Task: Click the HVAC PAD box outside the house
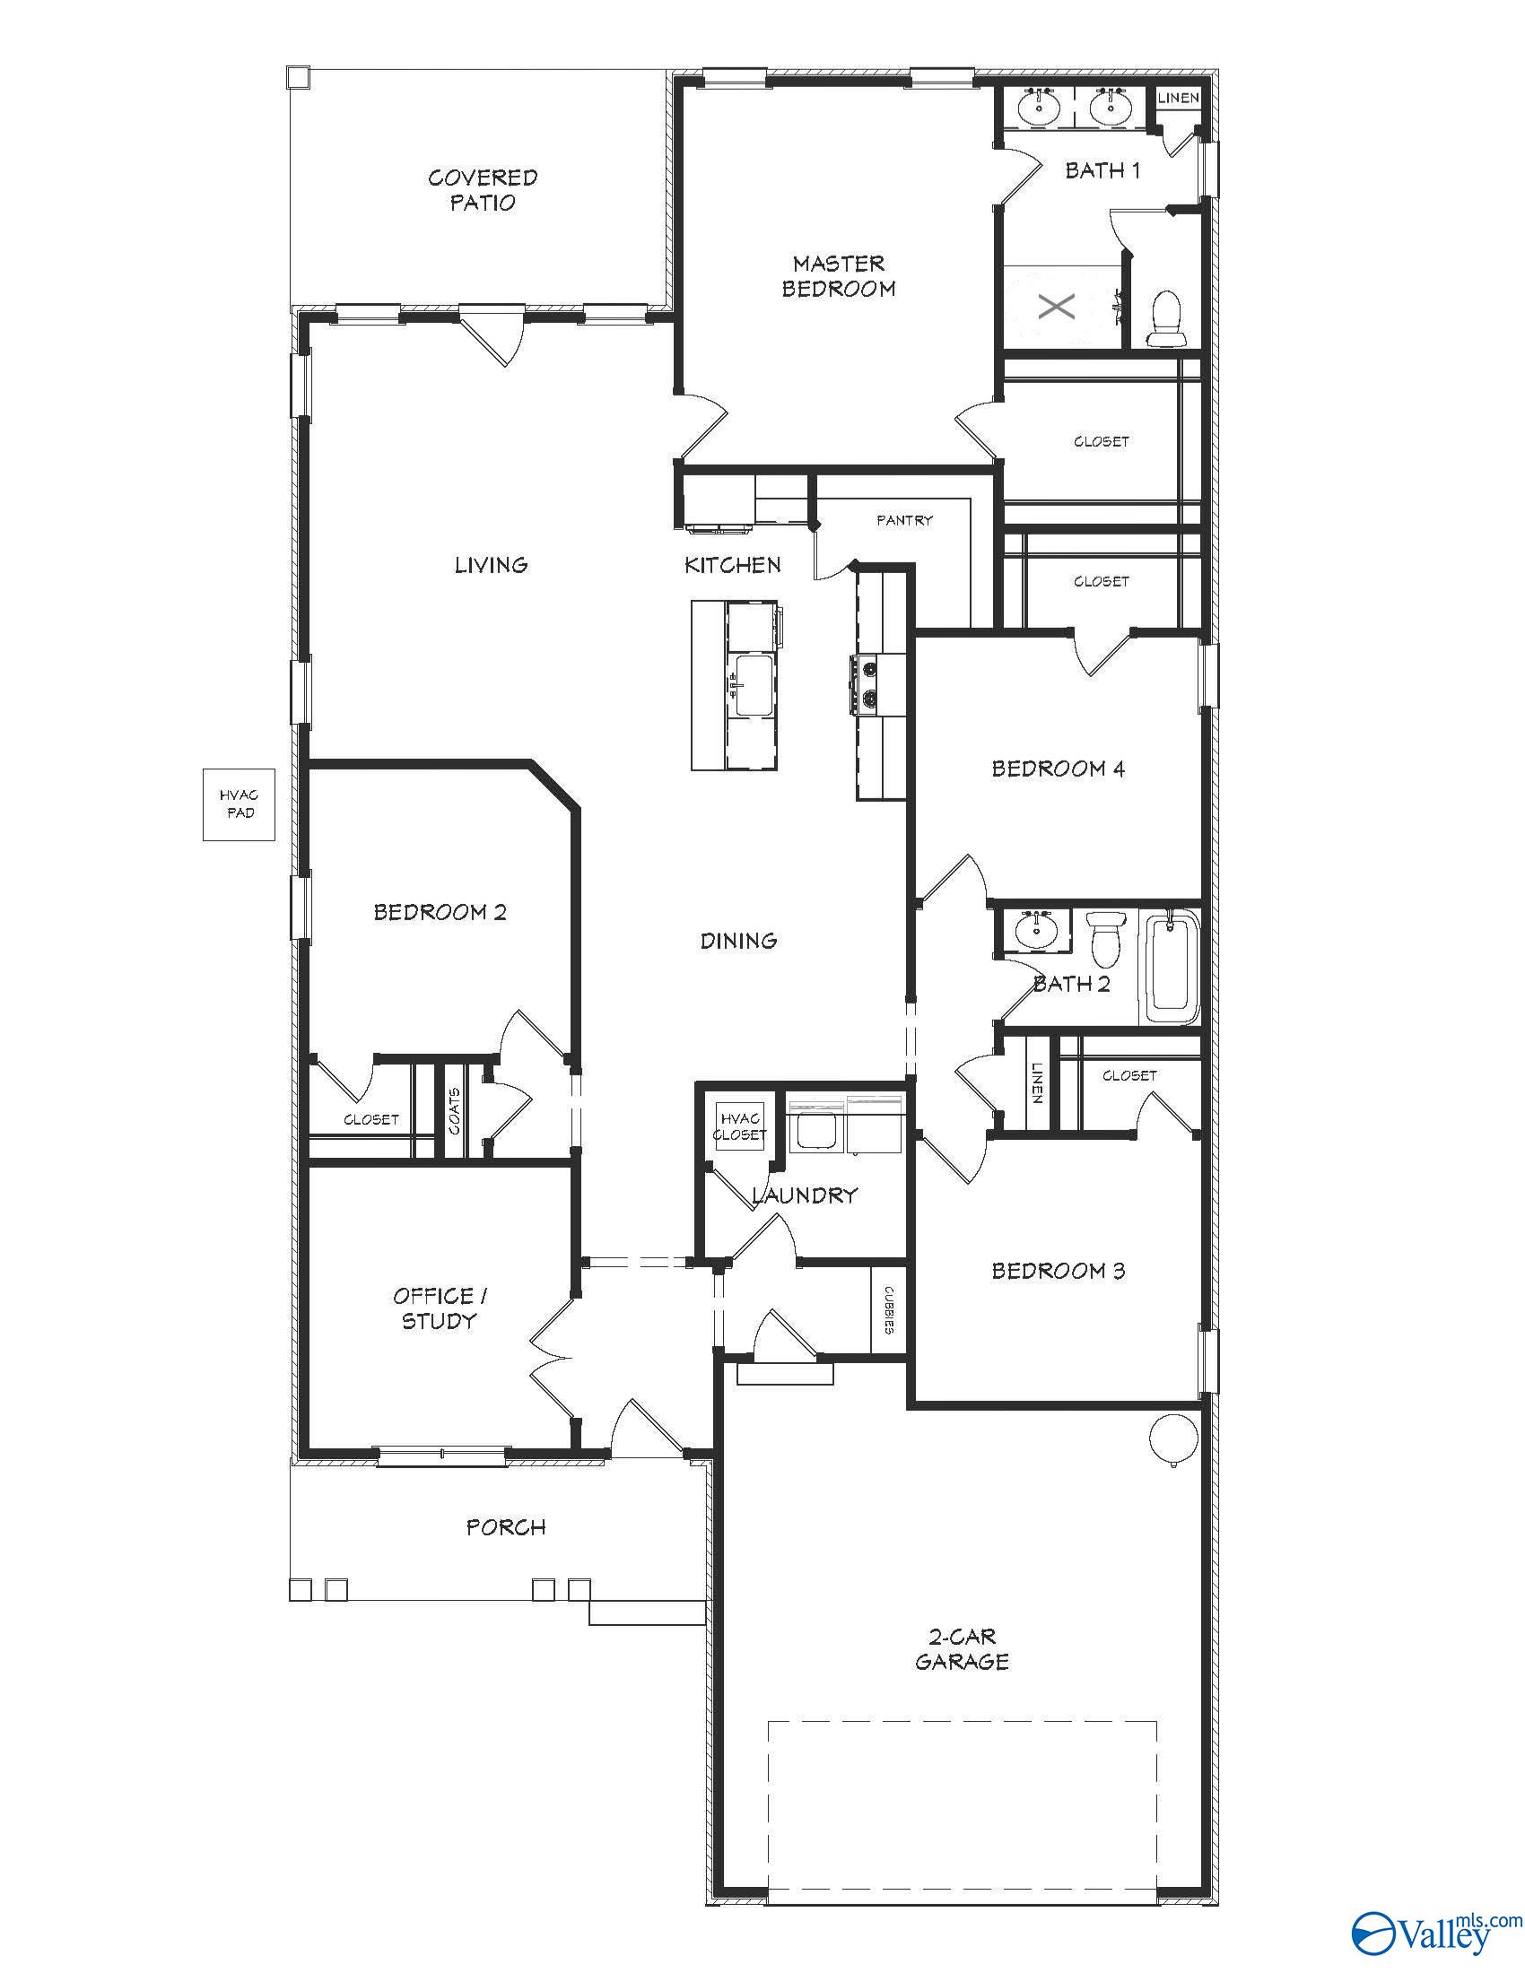[239, 804]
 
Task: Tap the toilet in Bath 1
[1166, 318]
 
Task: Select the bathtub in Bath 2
[1172, 968]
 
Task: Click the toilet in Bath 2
[1105, 938]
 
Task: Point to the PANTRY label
[904, 520]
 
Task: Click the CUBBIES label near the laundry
[889, 1309]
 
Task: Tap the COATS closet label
[455, 1110]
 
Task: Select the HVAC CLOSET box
[740, 1126]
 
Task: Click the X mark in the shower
[1056, 306]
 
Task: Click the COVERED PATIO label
[483, 190]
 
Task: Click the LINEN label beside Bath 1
[1179, 98]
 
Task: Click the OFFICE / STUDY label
[439, 1308]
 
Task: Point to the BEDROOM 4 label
[1058, 769]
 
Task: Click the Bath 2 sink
[1035, 929]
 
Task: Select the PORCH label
[506, 1527]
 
